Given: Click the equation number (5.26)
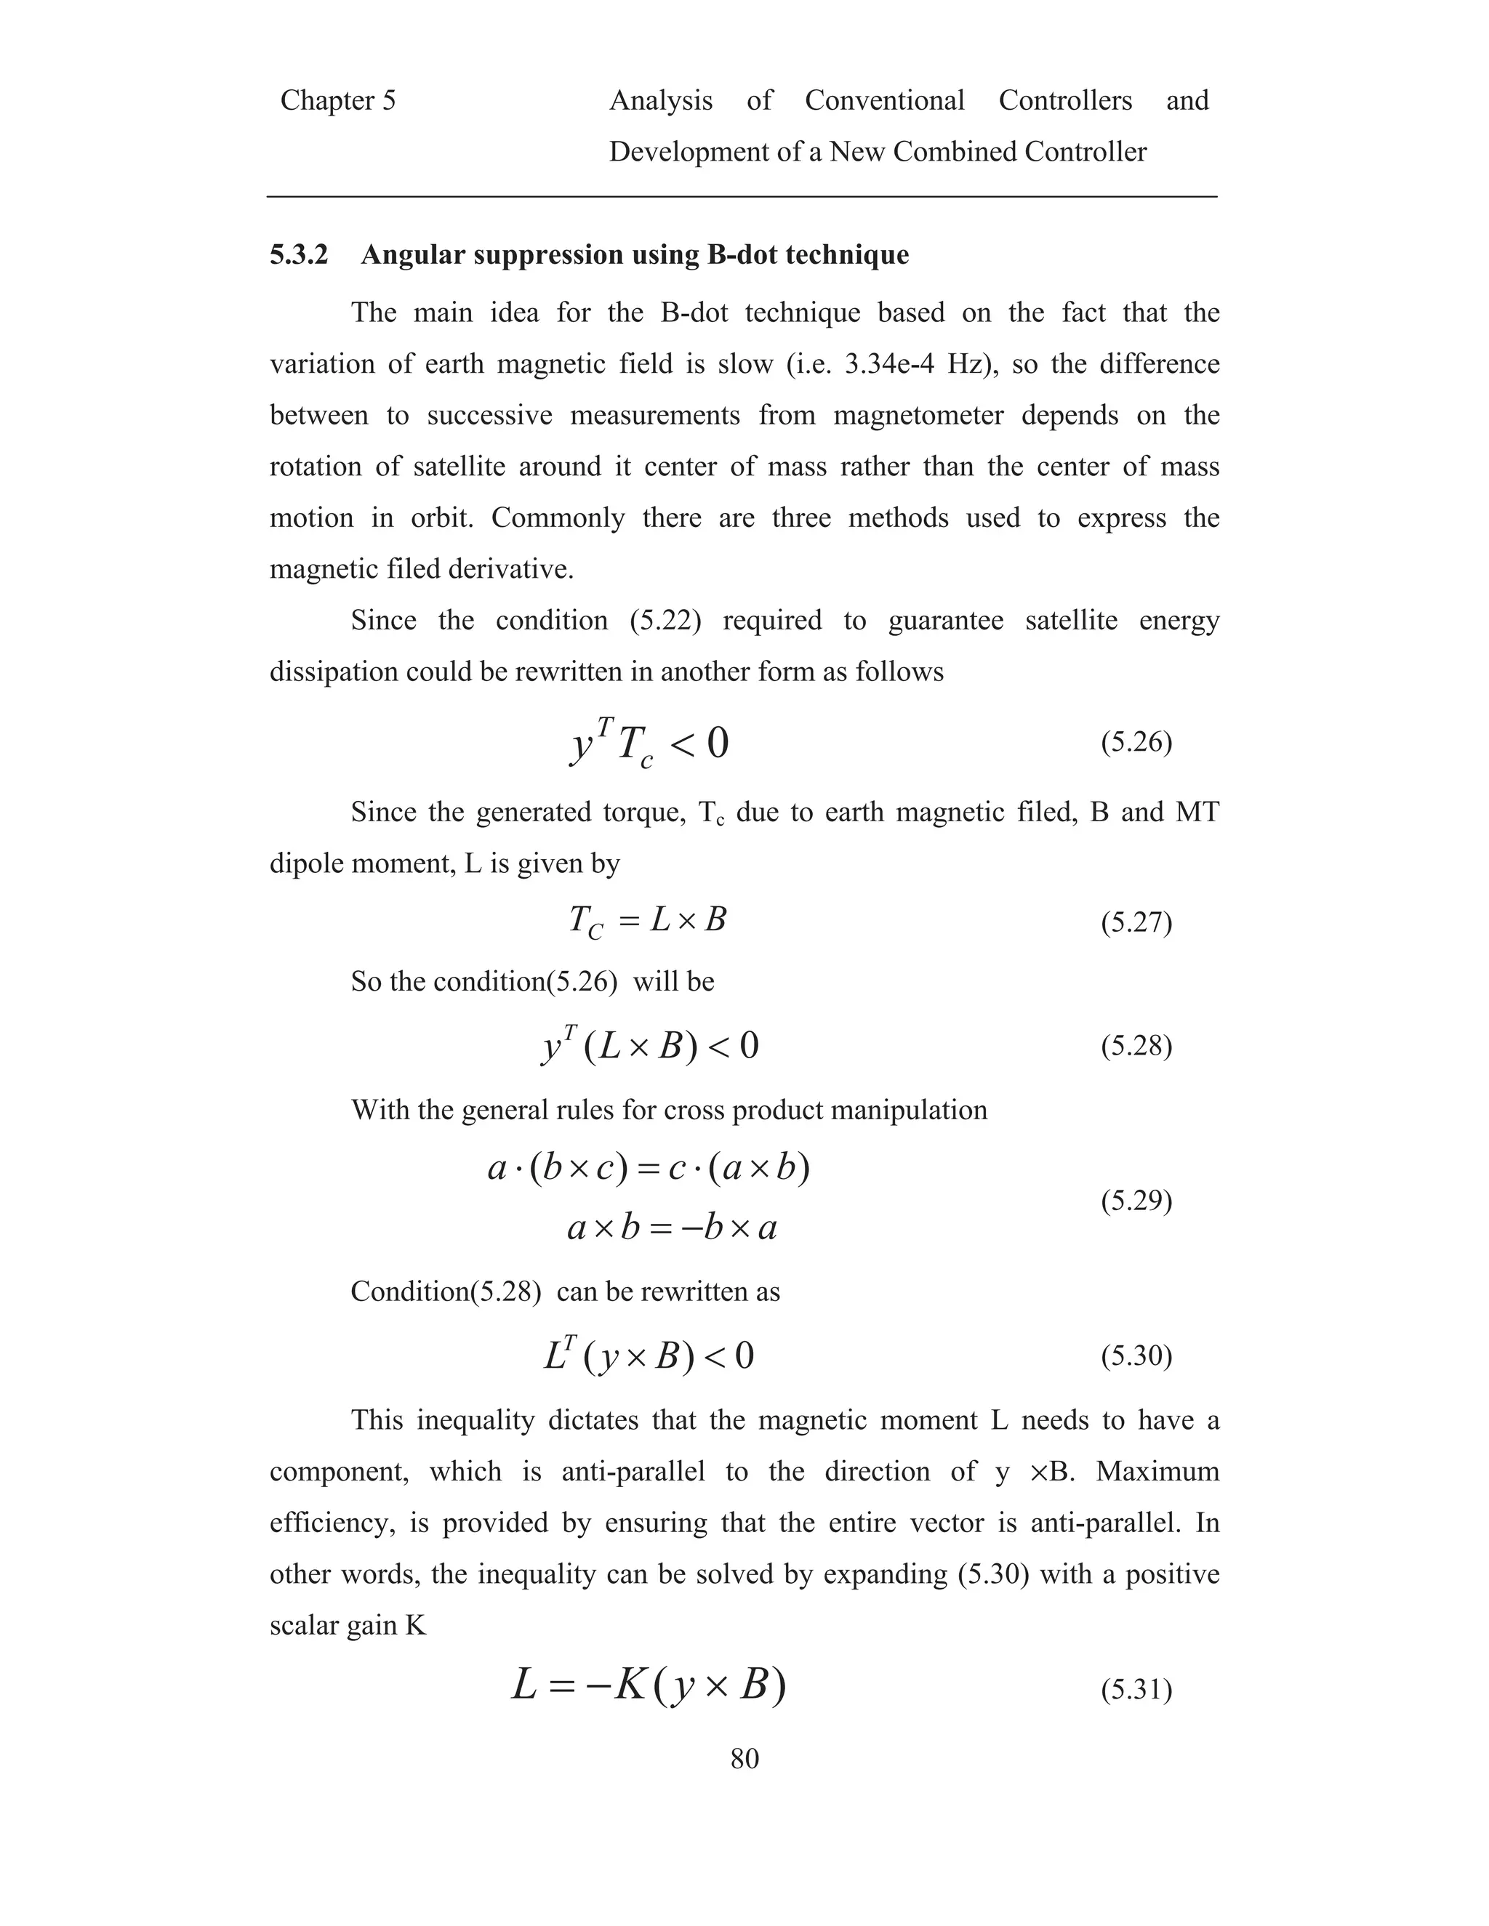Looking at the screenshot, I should point(1136,743).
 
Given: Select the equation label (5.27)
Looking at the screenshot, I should point(1136,922).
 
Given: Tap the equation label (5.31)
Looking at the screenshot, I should point(1136,1690).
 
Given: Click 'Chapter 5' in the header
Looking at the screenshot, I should point(338,100).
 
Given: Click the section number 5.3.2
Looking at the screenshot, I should point(299,255).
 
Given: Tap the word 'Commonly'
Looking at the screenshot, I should point(558,517).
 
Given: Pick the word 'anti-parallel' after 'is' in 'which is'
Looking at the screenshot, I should point(633,1472).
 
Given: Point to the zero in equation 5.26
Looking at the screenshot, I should point(717,744).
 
